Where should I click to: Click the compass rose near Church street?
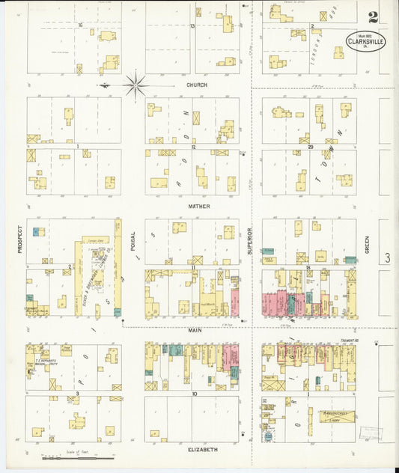(135, 85)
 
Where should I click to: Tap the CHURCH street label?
(197, 85)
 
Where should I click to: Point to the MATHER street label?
(198, 206)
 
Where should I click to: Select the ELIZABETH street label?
(202, 449)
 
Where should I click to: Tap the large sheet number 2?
(372, 16)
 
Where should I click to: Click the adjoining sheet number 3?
(387, 258)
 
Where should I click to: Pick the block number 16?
(80, 25)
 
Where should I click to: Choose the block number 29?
(309, 147)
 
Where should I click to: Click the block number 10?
(193, 393)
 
